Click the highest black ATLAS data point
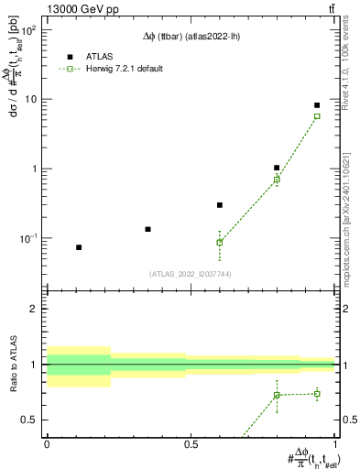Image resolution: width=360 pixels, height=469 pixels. coord(317,105)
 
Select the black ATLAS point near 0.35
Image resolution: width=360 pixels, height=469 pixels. coord(147,229)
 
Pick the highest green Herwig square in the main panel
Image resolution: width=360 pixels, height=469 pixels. coord(317,116)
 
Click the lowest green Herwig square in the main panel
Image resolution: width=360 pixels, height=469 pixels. coord(220,243)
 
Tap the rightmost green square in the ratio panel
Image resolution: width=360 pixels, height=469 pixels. coord(317,394)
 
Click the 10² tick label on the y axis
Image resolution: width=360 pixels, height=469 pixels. coord(28,29)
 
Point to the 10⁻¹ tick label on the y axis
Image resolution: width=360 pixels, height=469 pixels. coord(28,238)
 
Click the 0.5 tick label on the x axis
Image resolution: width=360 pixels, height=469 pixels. coord(191,444)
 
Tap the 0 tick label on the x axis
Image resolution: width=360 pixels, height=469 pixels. coord(47,444)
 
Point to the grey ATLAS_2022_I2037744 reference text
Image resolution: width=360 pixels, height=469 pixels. coord(190,273)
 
